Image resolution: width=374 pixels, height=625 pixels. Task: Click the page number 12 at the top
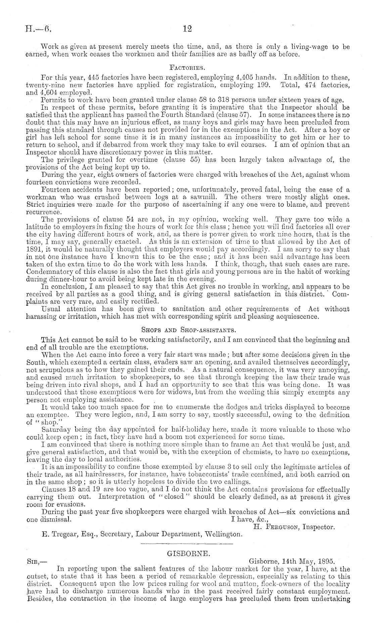187,29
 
